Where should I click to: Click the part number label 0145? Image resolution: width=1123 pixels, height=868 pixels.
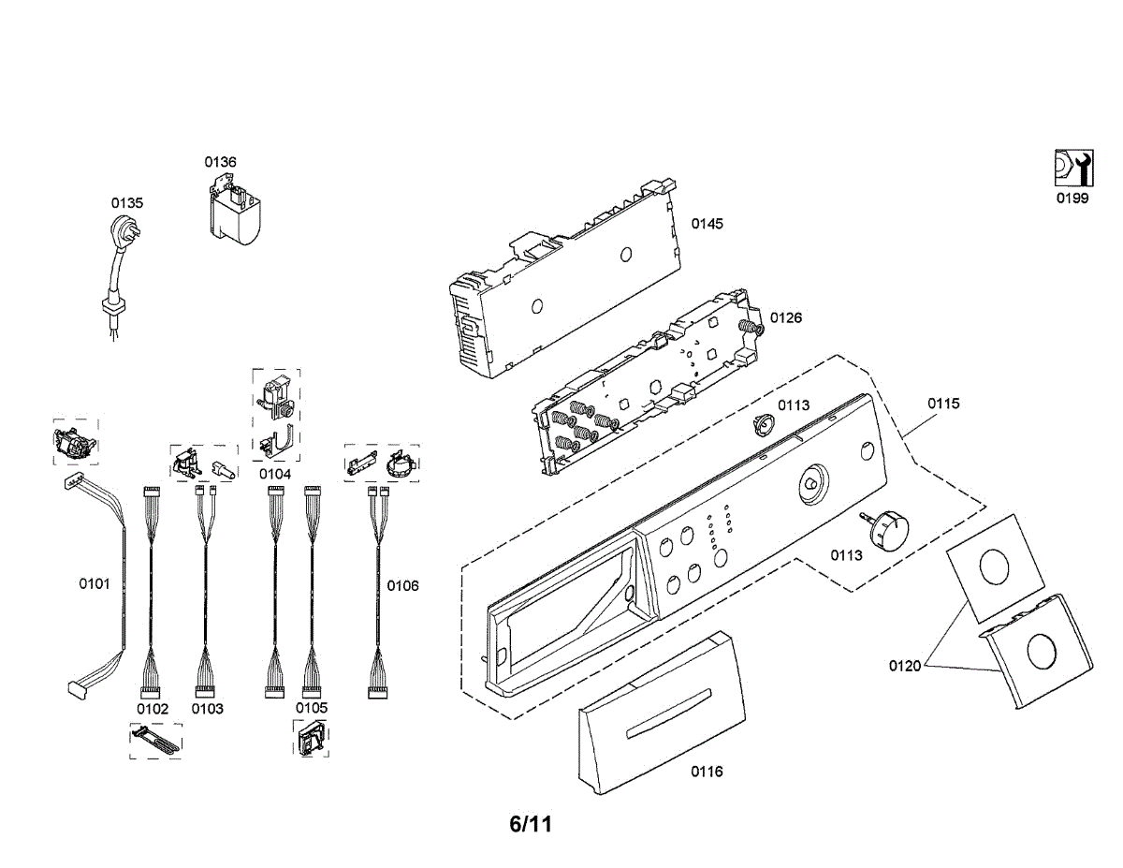click(x=707, y=224)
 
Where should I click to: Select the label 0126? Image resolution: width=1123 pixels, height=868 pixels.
click(x=786, y=317)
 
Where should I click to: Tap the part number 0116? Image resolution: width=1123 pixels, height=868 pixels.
click(x=707, y=772)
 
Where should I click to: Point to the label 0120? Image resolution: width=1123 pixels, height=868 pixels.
click(x=905, y=666)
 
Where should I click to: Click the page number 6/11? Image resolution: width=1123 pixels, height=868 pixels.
click(x=531, y=825)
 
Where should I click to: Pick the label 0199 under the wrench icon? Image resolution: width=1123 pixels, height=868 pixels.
click(x=1072, y=198)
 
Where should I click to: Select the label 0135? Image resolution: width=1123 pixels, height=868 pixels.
click(x=127, y=202)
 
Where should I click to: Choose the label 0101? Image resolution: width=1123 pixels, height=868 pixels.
click(x=94, y=584)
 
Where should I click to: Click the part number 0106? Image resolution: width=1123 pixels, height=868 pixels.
click(x=403, y=586)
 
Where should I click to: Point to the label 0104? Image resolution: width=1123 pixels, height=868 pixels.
click(x=275, y=474)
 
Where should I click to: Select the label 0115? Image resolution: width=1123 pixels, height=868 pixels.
click(x=943, y=404)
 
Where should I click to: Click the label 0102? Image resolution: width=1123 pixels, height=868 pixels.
click(x=153, y=709)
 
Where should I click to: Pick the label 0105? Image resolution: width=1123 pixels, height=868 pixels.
click(x=312, y=709)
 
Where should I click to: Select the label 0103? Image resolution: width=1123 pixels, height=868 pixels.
click(x=208, y=709)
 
